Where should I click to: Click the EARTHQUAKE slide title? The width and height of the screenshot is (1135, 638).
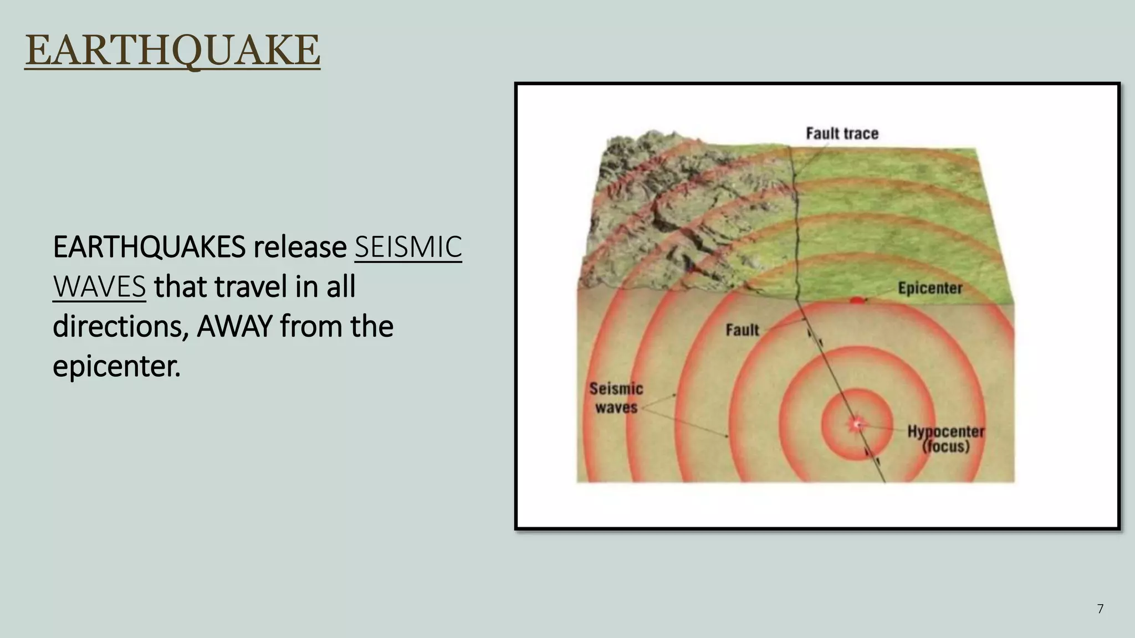click(172, 51)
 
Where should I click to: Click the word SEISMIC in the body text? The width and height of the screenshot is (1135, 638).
click(408, 247)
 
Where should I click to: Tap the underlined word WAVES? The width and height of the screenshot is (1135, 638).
click(99, 287)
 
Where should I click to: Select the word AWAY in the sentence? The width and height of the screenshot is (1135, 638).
click(234, 326)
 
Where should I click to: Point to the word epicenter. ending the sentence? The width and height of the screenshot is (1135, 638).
click(116, 367)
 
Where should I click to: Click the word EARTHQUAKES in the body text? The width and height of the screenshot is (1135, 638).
click(149, 247)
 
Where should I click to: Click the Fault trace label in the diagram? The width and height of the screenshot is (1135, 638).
click(842, 133)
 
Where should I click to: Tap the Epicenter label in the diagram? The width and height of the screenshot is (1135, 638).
click(929, 289)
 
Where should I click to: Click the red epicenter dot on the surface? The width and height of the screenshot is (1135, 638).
click(857, 300)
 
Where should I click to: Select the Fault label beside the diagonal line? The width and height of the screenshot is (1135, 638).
click(742, 330)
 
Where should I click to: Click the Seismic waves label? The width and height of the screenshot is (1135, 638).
click(616, 398)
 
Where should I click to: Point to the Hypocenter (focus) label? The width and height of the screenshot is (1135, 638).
click(945, 439)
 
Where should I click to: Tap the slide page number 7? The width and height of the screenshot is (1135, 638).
click(1100, 609)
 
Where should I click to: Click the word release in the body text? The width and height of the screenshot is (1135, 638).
click(300, 247)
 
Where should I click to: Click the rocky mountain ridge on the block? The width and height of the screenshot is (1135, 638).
click(676, 205)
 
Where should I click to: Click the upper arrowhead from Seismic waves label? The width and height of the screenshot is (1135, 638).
click(676, 394)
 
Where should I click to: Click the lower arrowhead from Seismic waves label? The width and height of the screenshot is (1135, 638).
click(727, 437)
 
